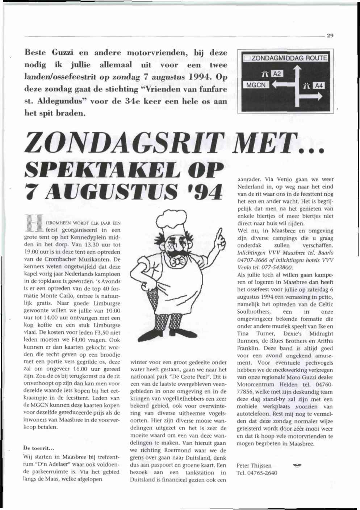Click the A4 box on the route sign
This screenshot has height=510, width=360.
(x=319, y=86)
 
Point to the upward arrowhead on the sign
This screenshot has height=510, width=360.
(x=297, y=69)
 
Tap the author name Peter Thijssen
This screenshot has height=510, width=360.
(x=254, y=466)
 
